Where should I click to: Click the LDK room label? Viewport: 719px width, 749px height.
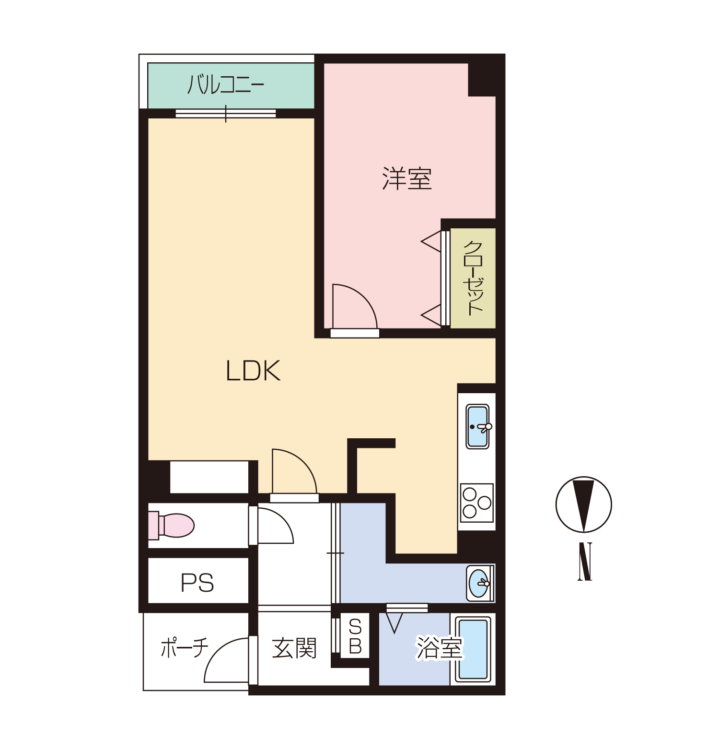coord(253,371)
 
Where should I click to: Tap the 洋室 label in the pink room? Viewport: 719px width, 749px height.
coord(407,178)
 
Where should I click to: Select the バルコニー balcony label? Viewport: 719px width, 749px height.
coord(226,84)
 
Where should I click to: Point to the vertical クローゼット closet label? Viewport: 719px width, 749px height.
coord(473,278)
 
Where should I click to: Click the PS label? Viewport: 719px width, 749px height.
coord(197,583)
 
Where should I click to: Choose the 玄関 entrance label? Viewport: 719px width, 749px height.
coord(294,648)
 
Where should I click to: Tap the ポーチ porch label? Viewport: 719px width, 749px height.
coord(185,647)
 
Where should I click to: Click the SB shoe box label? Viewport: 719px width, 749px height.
coord(355,637)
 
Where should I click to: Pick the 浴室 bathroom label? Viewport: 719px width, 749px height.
coord(440,648)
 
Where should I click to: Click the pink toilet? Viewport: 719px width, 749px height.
coord(171,526)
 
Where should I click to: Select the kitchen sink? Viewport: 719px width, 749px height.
coord(478,427)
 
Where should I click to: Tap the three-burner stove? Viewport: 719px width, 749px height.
coord(477,503)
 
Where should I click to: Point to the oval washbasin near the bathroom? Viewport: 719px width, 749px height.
coord(479,583)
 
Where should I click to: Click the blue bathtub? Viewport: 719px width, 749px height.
coord(473,649)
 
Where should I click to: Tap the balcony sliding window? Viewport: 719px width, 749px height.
coord(226,114)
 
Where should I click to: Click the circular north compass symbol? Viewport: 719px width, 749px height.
coord(584,504)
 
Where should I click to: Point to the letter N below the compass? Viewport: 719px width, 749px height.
coord(585,562)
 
